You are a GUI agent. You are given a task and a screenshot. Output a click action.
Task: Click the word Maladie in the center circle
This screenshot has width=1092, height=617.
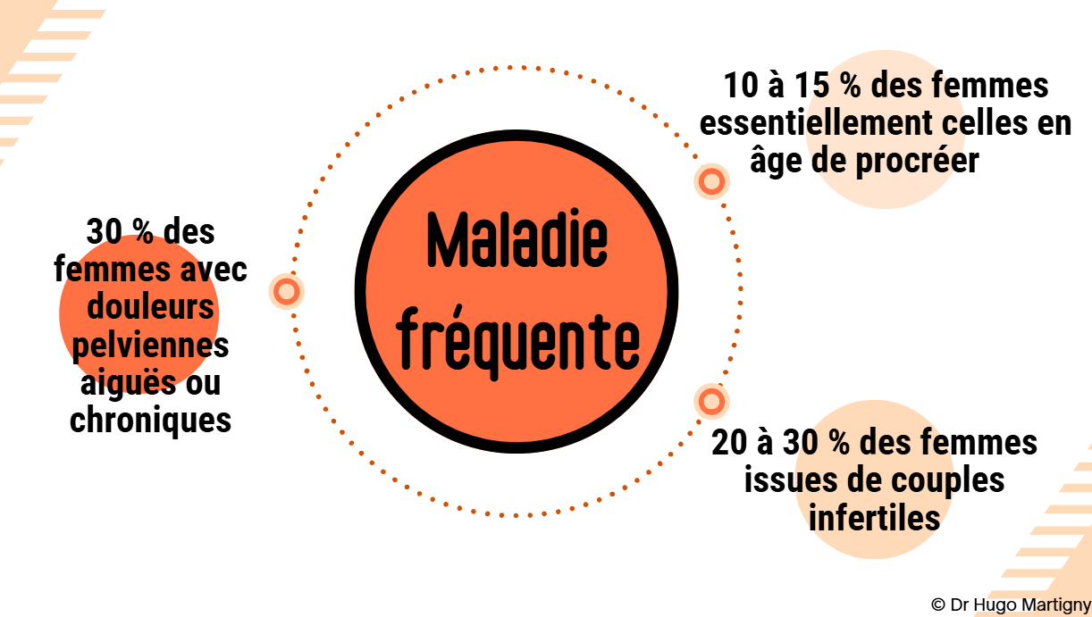coord(517,241)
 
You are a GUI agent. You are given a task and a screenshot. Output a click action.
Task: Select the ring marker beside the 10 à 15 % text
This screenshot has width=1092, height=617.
coord(711,182)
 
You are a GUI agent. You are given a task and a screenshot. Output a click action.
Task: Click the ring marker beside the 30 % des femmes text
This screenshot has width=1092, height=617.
coord(287,291)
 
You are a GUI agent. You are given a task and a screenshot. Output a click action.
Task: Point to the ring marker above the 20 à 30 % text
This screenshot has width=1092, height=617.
coord(711,401)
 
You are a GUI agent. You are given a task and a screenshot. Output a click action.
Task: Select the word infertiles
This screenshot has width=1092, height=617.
coord(875,517)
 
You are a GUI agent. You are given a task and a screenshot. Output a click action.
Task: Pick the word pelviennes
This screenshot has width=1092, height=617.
coord(150,345)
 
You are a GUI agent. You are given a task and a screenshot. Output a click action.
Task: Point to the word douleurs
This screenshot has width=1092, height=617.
coord(150,307)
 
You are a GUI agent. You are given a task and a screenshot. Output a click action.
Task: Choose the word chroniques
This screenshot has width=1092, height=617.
coord(150,419)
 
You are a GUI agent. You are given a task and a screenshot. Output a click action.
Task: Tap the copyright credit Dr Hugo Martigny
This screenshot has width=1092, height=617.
coord(1010,604)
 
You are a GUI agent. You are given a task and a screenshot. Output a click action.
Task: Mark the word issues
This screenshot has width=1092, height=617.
coord(786,480)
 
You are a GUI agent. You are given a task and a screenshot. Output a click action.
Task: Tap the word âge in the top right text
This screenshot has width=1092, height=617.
coord(774,162)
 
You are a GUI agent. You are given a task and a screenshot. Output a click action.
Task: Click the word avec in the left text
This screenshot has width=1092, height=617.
coord(213,270)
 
